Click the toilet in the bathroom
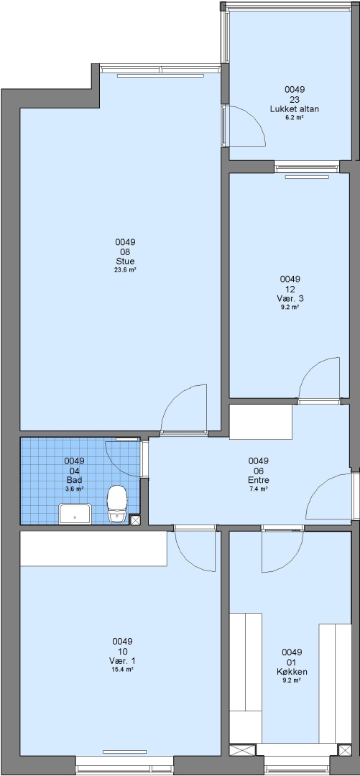pos(117,503)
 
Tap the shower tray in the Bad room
pos(75,514)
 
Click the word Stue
pos(125,262)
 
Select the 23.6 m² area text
pos(125,270)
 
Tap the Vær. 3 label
pos(290,298)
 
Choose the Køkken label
pos(292,672)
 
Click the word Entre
pos(259,480)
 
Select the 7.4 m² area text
pos(259,489)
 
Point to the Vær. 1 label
pos(122,661)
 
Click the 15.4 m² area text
pos(122,669)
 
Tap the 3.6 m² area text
pos(74,489)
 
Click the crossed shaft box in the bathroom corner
pos(134,519)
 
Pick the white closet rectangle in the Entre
pos(260,422)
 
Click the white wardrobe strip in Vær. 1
pos(93,548)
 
